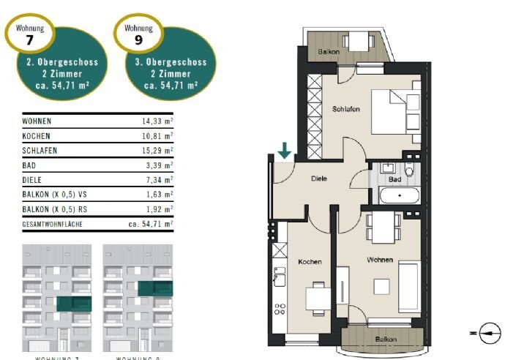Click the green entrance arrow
pos(285,151)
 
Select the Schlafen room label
pos(345,108)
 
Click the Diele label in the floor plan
pos(318,178)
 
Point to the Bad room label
pos(394,179)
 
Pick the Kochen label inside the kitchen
pos(310,261)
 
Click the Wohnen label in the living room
pos(381,260)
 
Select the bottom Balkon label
pos(386,340)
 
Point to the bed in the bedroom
pos(395,113)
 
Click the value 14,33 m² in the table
pos(157,121)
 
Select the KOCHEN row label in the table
pos(37,136)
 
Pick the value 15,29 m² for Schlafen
pos(157,151)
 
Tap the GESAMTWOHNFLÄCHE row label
pos(53,224)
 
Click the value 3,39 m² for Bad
pos(160,165)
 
